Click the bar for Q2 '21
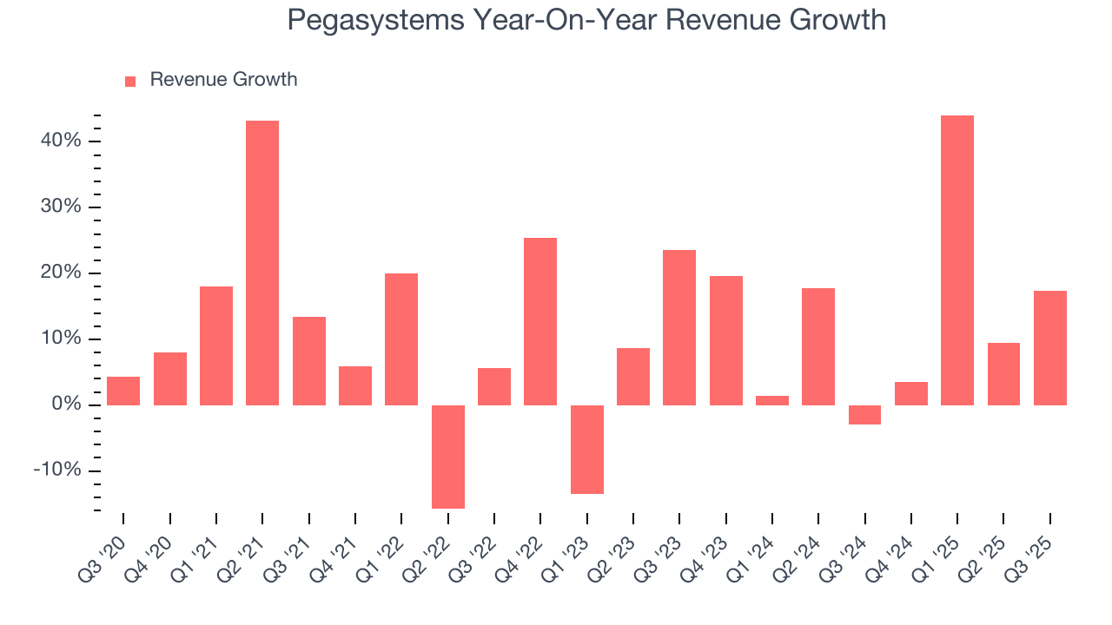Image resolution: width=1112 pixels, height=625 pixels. pyautogui.click(x=262, y=262)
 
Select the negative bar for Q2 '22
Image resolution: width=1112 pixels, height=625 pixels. pyautogui.click(x=447, y=457)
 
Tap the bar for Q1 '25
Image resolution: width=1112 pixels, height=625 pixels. pyautogui.click(x=957, y=260)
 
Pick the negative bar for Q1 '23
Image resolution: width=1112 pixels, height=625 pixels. pyautogui.click(x=586, y=450)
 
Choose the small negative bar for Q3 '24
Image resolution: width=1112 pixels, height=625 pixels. pyautogui.click(x=864, y=415)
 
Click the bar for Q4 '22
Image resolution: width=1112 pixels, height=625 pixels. pyautogui.click(x=540, y=321)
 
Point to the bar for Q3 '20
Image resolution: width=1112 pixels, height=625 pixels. pyautogui.click(x=123, y=391)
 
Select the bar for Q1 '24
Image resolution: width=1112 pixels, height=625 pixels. pyautogui.click(x=772, y=400)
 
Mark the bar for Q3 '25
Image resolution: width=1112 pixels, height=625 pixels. pyautogui.click(x=1050, y=347)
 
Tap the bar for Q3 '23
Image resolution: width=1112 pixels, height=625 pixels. pyautogui.click(x=679, y=327)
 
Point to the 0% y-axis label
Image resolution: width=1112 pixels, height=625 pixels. pyautogui.click(x=66, y=405)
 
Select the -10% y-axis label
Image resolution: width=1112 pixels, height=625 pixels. pyautogui.click(x=57, y=470)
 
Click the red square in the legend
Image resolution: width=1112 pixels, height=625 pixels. pyautogui.click(x=130, y=81)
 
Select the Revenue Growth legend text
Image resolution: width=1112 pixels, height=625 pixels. pyautogui.click(x=223, y=80)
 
